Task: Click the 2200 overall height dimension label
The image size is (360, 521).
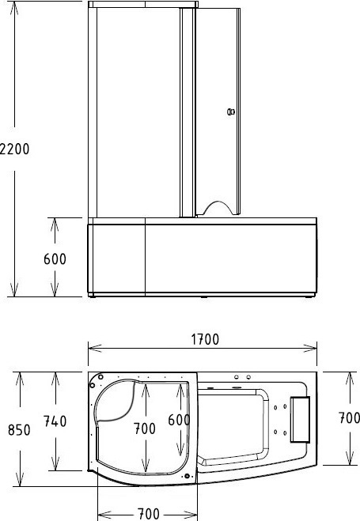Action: [14, 149]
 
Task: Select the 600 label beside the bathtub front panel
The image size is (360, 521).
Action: [55, 259]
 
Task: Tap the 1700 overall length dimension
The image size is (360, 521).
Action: [205, 340]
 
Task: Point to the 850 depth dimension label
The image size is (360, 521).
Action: [19, 430]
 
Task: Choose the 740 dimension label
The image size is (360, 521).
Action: [55, 421]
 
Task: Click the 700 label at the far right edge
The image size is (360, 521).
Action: [349, 418]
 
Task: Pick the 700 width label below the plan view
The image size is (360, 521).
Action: [148, 514]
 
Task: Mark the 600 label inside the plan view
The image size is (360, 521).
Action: [179, 421]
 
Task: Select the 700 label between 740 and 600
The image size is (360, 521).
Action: [145, 429]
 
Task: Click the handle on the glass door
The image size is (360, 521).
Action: [231, 112]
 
